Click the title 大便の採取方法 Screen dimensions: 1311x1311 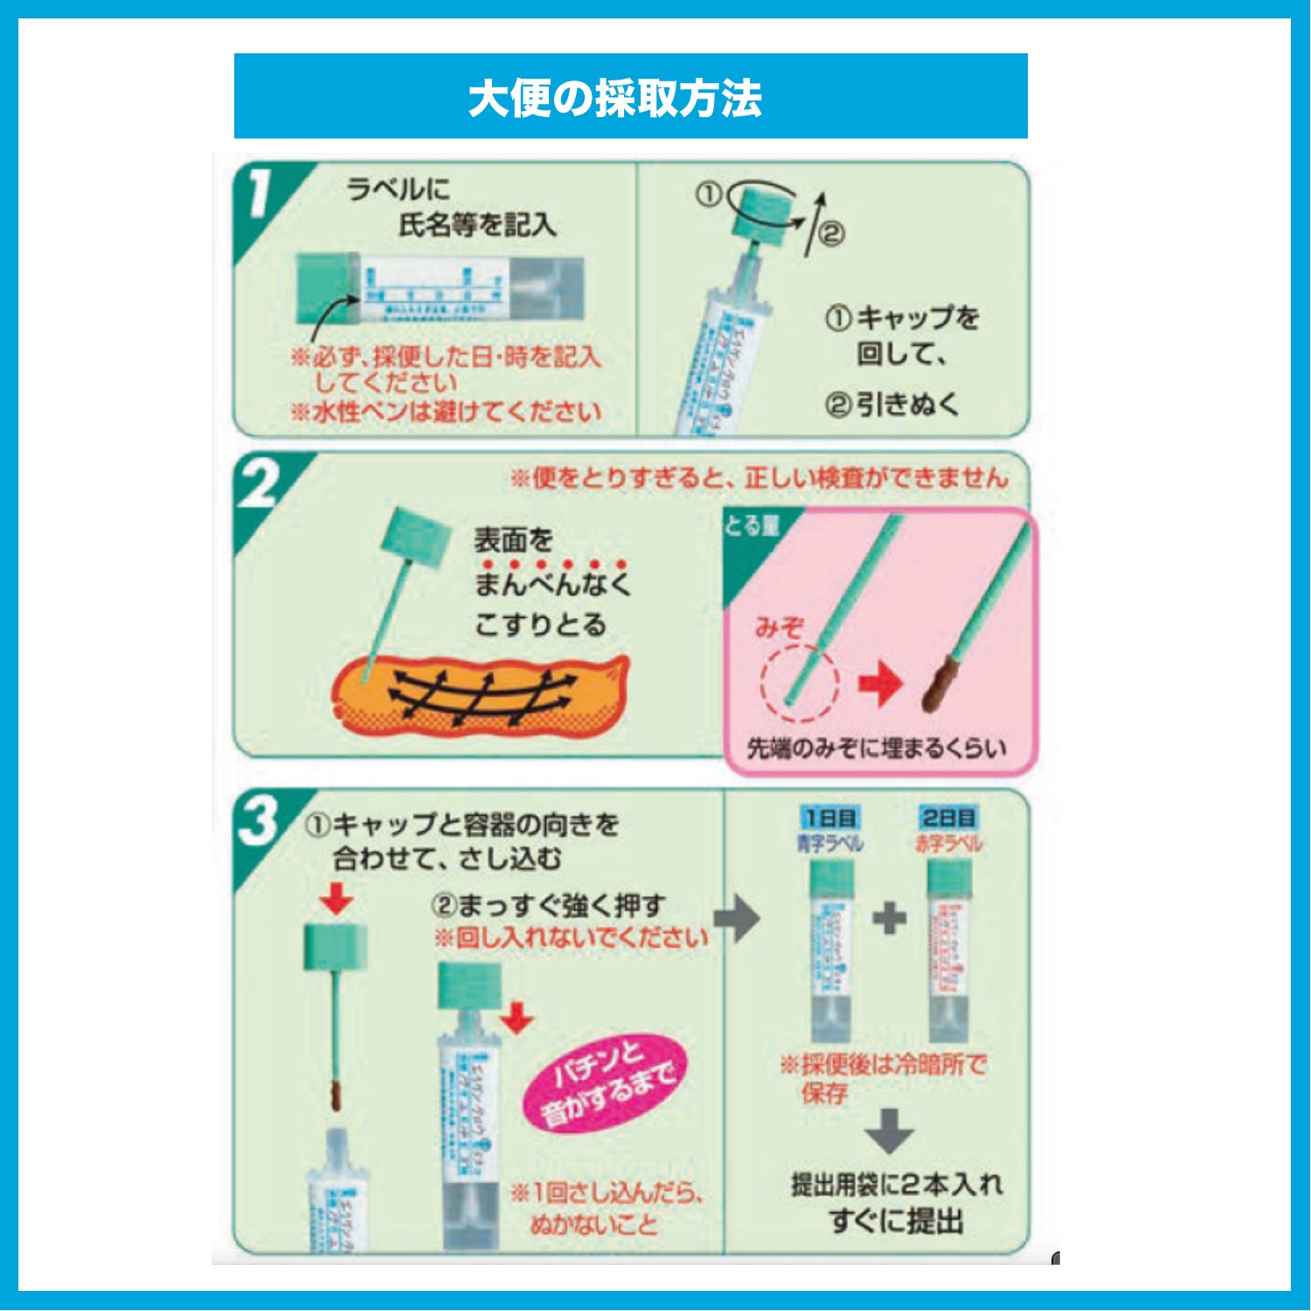click(614, 98)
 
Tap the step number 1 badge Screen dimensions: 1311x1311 click(260, 194)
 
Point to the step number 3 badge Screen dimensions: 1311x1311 click(259, 822)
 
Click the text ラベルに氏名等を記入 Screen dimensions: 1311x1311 click(450, 208)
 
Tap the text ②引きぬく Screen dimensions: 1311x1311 click(891, 405)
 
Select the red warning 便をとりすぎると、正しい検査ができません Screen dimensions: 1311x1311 click(759, 478)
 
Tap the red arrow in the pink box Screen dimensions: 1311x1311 click(880, 683)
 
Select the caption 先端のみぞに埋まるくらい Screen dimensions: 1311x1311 click(877, 748)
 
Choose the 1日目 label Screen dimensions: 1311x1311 click(830, 818)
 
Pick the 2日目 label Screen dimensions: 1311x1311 click(948, 818)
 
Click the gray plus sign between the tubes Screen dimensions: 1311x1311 click(889, 919)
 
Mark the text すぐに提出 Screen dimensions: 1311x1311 click(896, 1220)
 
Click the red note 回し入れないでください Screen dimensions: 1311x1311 click(571, 939)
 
